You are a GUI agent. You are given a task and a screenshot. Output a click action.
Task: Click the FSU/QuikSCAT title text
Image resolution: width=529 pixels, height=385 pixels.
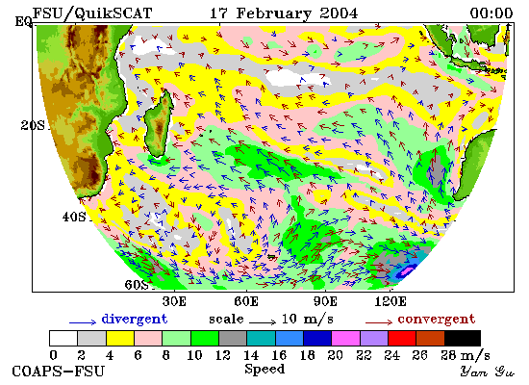(92, 13)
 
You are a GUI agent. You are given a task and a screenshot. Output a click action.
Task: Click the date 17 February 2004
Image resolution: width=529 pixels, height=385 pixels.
(284, 13)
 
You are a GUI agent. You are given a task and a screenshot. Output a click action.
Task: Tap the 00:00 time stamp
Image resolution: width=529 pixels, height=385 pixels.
(491, 13)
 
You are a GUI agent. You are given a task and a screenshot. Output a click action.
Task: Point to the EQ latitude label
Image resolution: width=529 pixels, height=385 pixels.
(23, 22)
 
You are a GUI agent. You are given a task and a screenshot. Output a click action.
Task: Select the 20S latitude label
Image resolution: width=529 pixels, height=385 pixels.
(33, 126)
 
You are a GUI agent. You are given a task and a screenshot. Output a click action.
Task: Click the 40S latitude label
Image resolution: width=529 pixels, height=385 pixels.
(74, 217)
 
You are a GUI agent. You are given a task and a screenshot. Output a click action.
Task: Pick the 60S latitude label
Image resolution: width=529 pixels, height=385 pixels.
(137, 285)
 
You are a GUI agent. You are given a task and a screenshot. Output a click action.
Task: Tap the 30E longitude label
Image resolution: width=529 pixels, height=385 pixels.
(174, 301)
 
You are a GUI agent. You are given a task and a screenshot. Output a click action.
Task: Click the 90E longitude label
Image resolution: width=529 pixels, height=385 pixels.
(325, 301)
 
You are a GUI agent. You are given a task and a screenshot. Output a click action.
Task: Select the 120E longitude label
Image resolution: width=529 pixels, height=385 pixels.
(390, 301)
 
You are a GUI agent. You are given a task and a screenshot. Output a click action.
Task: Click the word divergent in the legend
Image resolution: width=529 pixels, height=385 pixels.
(135, 320)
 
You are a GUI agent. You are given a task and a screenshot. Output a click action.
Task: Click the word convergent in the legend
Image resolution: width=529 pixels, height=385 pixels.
(437, 320)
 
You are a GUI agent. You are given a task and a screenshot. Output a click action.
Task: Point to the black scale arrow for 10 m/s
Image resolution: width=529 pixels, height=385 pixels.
(263, 322)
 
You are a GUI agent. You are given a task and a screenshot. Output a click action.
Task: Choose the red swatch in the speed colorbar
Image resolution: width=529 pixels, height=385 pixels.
(402, 339)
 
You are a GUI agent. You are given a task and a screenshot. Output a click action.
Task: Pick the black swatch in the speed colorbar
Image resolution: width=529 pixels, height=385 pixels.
(463, 339)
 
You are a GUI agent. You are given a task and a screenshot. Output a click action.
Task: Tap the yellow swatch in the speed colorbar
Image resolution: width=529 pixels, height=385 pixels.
(120, 339)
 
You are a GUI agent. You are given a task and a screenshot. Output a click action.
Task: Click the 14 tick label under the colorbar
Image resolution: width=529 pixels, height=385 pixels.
(251, 355)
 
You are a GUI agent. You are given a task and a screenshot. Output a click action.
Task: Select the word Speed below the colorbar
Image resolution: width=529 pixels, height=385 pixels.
(264, 369)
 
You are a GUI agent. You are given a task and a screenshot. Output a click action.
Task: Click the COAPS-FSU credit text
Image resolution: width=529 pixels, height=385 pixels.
(59, 372)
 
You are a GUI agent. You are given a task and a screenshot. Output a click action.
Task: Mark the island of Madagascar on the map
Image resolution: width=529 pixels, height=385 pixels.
(158, 124)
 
